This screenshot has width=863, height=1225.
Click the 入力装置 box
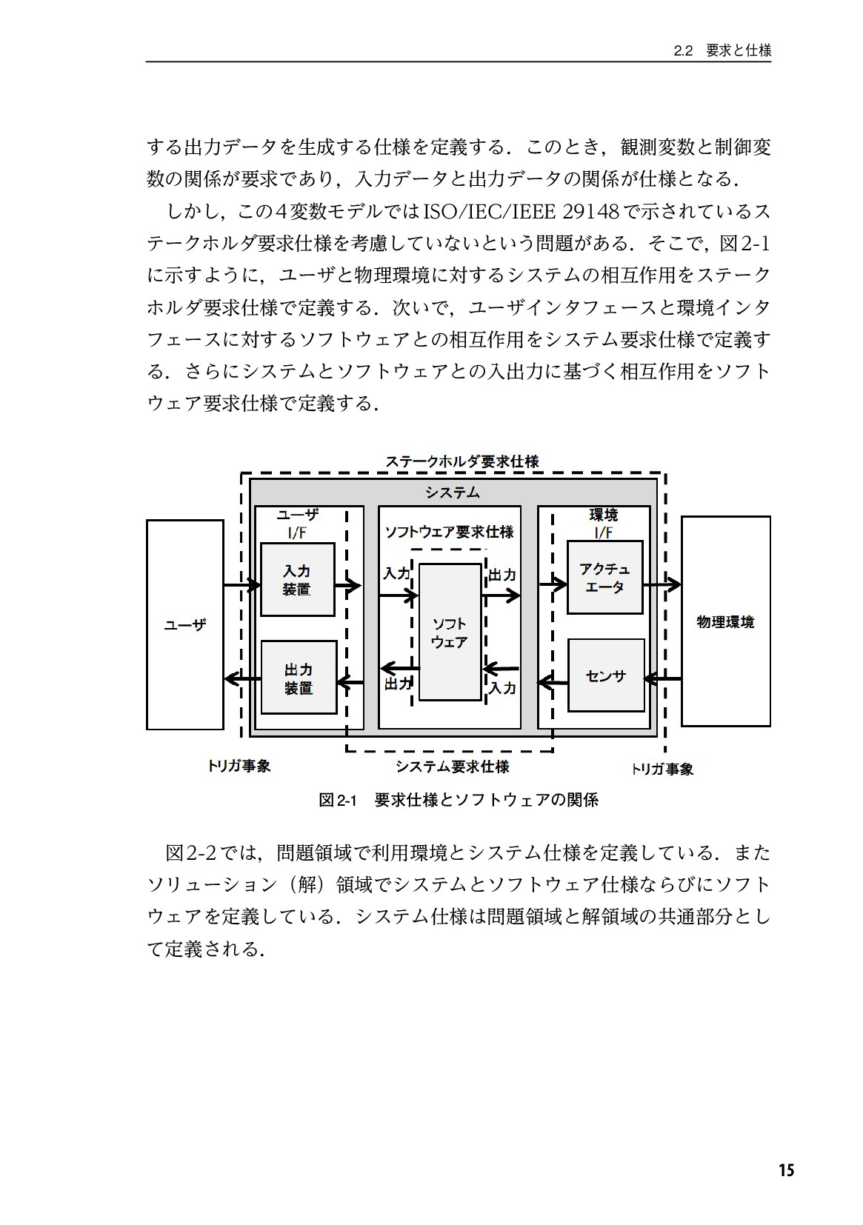[297, 579]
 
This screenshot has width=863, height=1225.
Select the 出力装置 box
[299, 677]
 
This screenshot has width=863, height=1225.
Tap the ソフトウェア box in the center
[450, 632]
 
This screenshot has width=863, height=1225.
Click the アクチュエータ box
[604, 577]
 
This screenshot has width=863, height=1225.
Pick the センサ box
[606, 675]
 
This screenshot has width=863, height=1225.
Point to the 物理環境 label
[725, 622]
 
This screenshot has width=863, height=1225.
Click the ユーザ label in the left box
[185, 624]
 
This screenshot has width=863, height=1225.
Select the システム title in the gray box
[453, 493]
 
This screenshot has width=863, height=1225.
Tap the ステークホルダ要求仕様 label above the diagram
[462, 461]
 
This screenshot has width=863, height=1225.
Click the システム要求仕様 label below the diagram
[453, 766]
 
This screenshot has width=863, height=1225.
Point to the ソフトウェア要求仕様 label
[449, 532]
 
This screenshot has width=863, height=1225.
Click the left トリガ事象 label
[239, 766]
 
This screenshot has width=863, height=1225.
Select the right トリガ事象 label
[662, 769]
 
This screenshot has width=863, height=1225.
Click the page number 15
[787, 1169]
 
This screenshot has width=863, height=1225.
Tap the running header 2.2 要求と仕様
[722, 51]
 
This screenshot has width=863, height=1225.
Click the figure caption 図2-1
[338, 801]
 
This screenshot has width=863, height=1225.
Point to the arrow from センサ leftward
[553, 681]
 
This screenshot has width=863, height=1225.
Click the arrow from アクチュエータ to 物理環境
[662, 584]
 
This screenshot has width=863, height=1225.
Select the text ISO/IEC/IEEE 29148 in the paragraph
[522, 211]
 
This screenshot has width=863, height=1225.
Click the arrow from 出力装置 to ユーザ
[242, 679]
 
